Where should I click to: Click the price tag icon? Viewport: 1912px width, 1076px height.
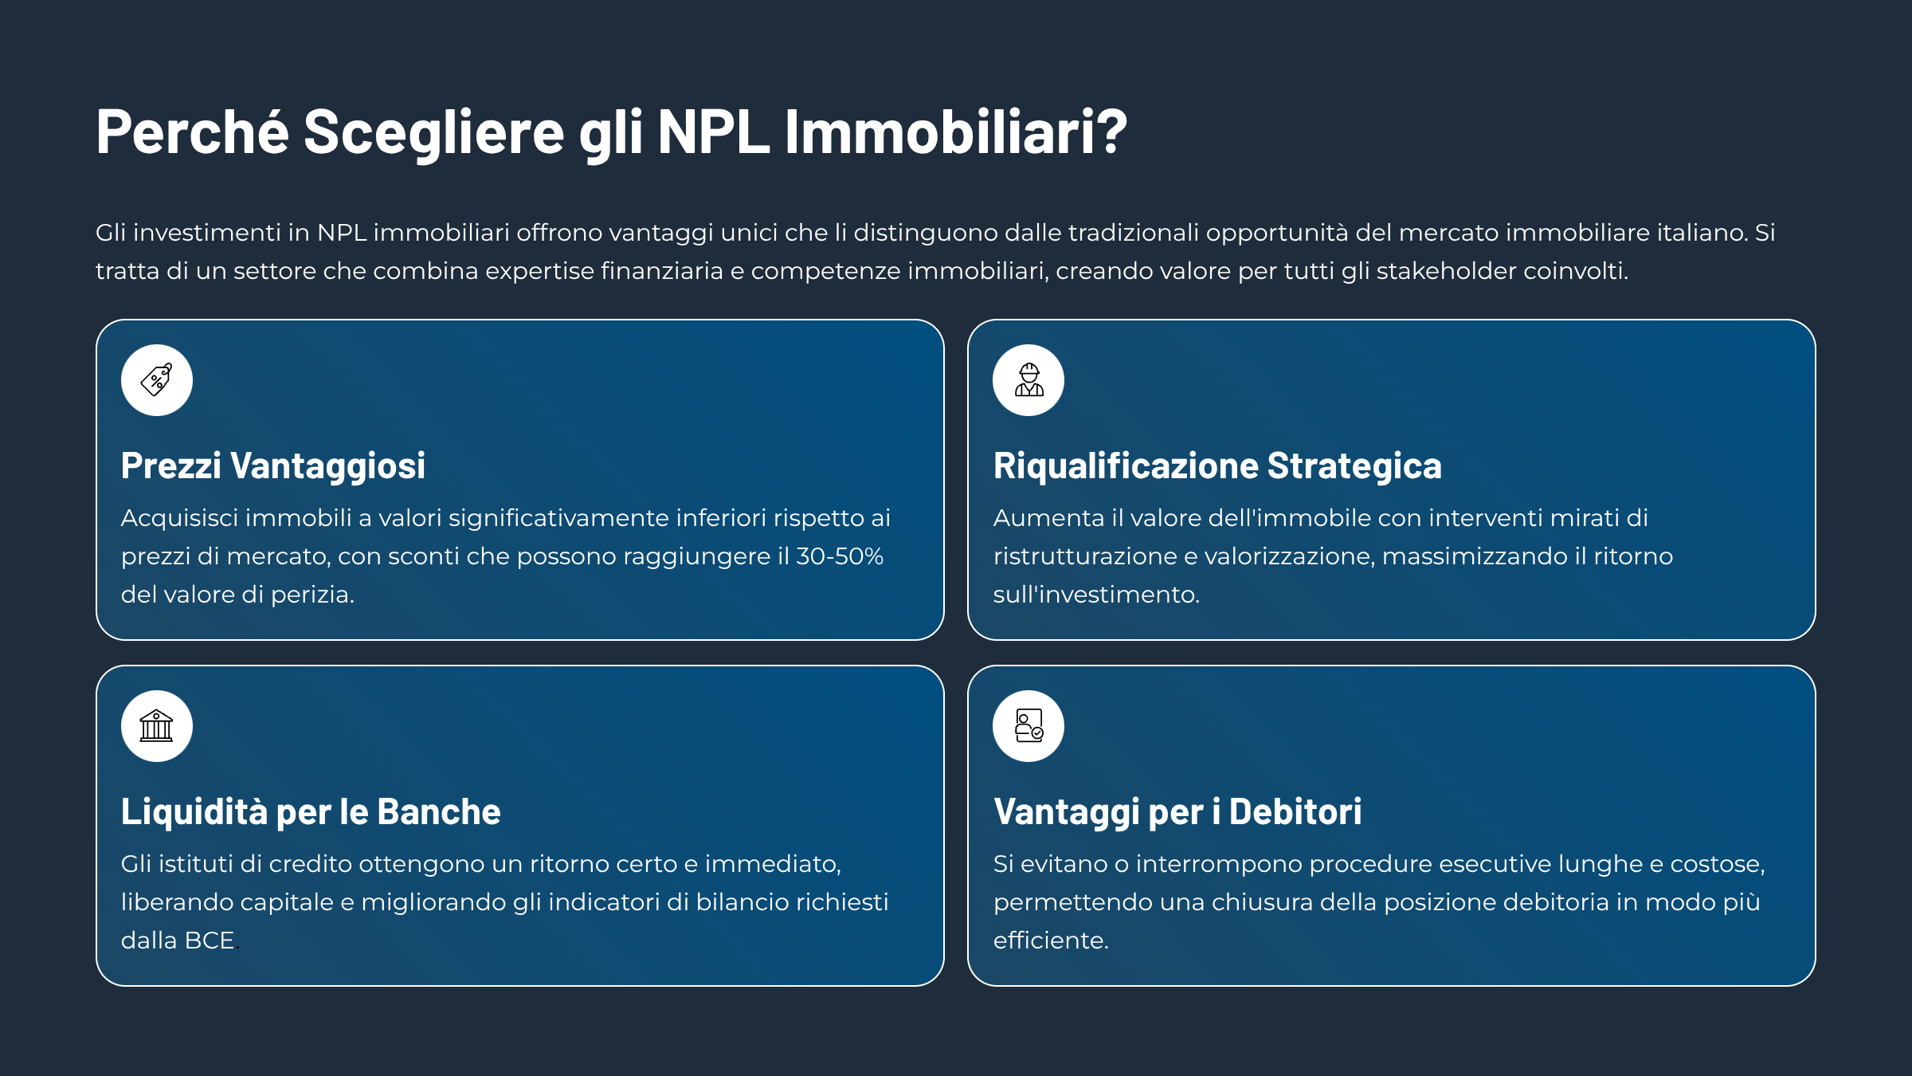[x=156, y=379]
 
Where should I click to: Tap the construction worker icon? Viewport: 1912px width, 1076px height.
[x=1028, y=379]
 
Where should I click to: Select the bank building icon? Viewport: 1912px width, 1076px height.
[x=156, y=725]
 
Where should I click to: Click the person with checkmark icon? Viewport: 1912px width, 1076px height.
[x=1028, y=725]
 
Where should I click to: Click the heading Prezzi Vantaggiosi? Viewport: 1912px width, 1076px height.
[x=273, y=466]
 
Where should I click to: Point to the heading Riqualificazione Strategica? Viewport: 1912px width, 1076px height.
[x=1217, y=466]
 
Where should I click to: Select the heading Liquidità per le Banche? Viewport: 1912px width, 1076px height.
[x=311, y=812]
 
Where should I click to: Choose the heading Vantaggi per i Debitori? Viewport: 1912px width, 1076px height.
[x=1177, y=812]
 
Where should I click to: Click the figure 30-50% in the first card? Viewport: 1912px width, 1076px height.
[x=840, y=556]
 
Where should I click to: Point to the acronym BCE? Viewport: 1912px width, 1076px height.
[x=210, y=941]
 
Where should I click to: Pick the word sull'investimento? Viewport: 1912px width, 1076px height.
[x=1096, y=595]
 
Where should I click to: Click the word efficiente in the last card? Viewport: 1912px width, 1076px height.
[x=1051, y=941]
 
